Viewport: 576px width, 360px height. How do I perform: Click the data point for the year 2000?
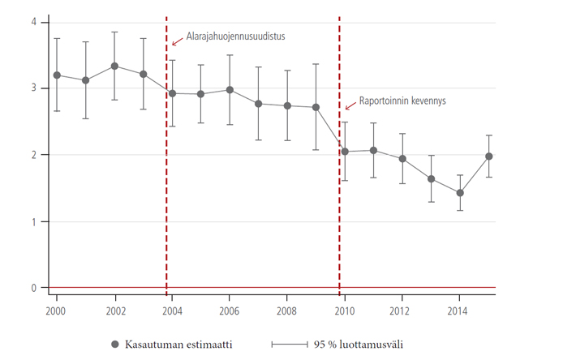[x=57, y=75]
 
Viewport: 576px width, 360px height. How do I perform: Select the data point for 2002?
[x=114, y=66]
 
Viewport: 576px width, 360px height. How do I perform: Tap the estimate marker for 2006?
[x=230, y=90]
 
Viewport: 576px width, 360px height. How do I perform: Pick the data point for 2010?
[x=345, y=152]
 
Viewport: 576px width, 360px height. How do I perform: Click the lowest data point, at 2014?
[x=459, y=193]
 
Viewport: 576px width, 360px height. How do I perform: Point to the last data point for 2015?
[x=488, y=156]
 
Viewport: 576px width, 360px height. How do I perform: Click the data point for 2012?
[x=402, y=159]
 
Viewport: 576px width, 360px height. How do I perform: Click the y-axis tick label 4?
[x=34, y=21]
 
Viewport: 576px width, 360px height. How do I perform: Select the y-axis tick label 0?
[x=34, y=288]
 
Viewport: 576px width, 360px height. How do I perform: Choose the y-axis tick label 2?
[x=34, y=155]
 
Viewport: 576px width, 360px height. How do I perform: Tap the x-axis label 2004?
[x=172, y=311]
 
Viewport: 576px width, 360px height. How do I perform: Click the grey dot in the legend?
[x=114, y=345]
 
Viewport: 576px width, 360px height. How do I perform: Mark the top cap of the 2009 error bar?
[x=316, y=64]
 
